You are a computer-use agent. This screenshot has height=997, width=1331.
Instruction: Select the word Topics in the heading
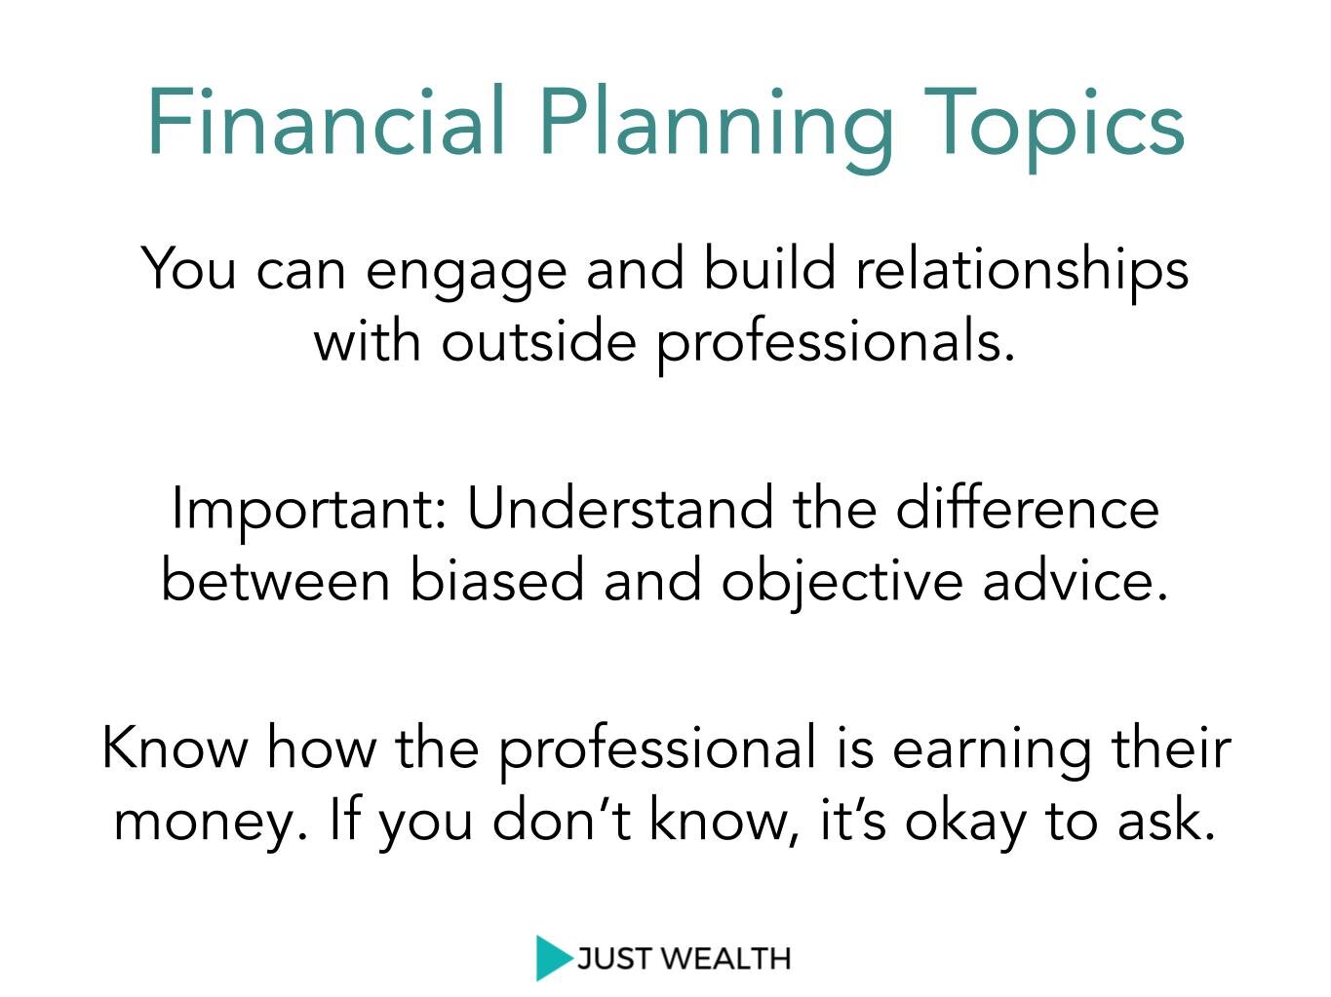pyautogui.click(x=1054, y=129)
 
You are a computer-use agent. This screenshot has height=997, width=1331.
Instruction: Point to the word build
pyautogui.click(x=769, y=267)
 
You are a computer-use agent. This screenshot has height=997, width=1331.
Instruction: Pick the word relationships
pyautogui.click(x=1022, y=273)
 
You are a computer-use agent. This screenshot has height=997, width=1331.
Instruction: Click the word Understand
pyautogui.click(x=620, y=507)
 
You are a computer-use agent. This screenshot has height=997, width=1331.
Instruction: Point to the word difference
pyautogui.click(x=1027, y=507)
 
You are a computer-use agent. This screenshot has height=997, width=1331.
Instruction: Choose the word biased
pyautogui.click(x=496, y=578)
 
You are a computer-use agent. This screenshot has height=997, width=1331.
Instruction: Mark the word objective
pyautogui.click(x=841, y=584)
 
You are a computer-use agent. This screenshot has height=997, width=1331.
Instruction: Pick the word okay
pyautogui.click(x=964, y=824)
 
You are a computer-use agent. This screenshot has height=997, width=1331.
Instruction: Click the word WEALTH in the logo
pyautogui.click(x=725, y=959)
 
